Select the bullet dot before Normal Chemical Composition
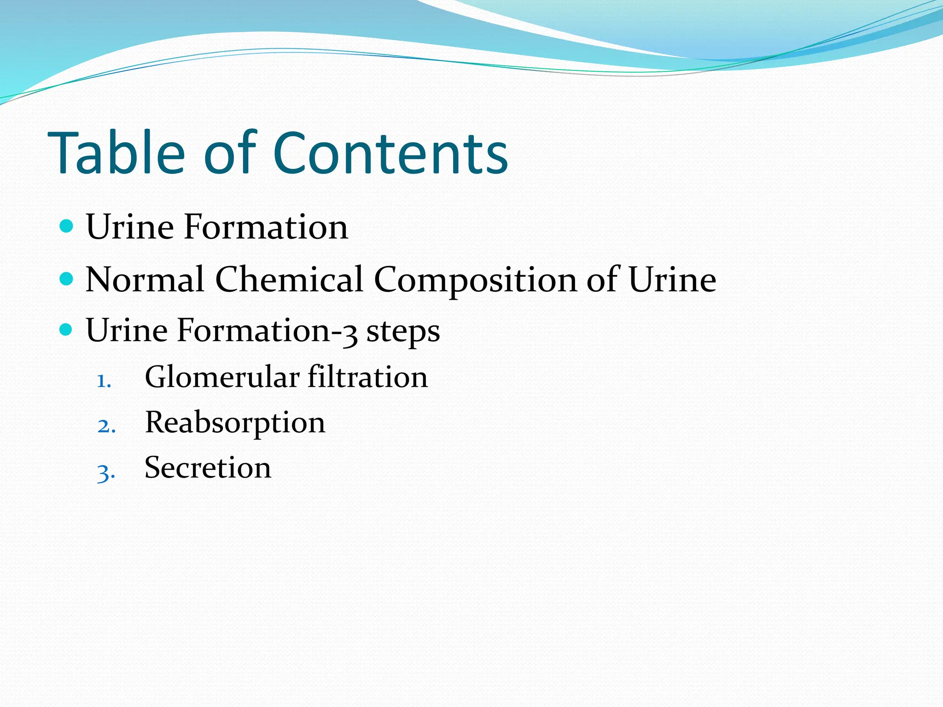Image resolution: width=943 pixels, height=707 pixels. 67,278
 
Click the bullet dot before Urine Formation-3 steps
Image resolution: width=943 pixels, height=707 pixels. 67,330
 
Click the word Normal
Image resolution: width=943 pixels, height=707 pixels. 145,279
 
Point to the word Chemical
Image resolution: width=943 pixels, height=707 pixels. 289,279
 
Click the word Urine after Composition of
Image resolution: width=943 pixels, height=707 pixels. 672,279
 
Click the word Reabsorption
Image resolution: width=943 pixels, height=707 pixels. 235,423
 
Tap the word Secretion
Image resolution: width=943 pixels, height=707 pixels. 208,468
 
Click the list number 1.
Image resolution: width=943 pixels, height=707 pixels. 103,382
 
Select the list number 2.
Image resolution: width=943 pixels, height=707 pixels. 105,426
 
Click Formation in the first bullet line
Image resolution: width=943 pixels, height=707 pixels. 266,227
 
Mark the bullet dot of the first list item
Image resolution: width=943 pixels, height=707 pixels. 67,226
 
